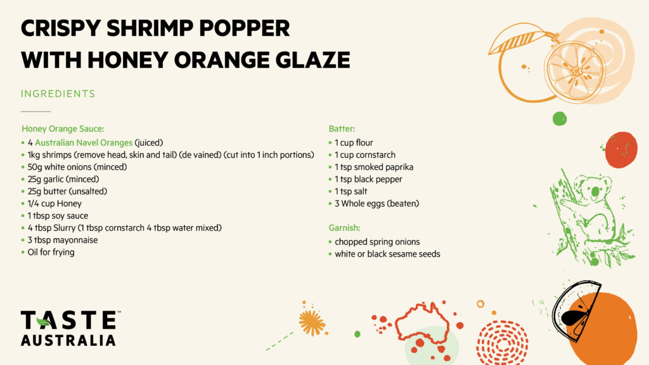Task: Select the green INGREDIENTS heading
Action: [58, 94]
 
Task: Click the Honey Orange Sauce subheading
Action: [63, 129]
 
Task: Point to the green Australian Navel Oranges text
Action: [84, 143]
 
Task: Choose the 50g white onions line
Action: [77, 167]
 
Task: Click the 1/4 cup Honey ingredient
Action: [55, 203]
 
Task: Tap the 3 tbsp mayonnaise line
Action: [63, 240]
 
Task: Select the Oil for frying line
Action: [51, 252]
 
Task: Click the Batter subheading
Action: [342, 129]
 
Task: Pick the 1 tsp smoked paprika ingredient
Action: [374, 167]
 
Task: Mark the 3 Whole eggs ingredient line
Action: [376, 203]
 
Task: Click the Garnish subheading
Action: [344, 227]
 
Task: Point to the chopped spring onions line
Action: [377, 241]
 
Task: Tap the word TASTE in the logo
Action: [69, 320]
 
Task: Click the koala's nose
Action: [595, 191]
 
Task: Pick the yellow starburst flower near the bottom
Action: [312, 323]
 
